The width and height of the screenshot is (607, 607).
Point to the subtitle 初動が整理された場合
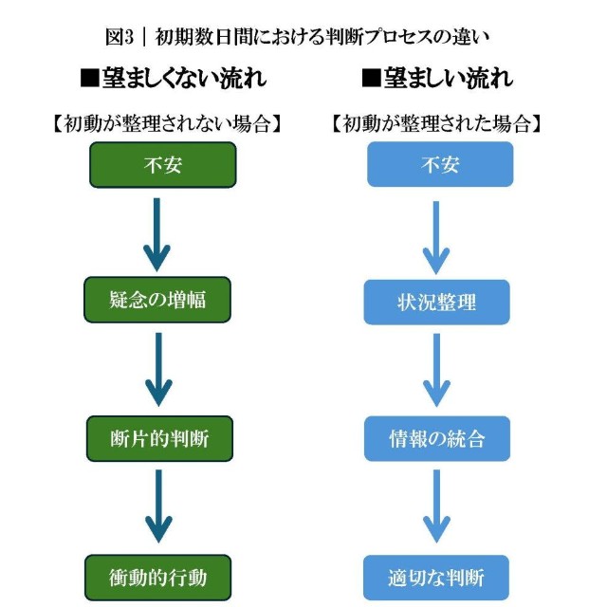coord(437,124)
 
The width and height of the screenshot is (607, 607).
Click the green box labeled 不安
coord(162,165)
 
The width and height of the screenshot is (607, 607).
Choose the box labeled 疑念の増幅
coord(157,301)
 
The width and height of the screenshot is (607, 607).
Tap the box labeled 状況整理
coord(437,303)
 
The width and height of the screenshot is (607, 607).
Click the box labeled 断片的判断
coord(159,438)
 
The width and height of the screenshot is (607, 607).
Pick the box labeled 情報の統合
coord(437,439)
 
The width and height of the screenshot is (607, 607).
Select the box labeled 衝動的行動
coord(158,577)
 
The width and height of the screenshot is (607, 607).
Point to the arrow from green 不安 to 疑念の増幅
coord(157,232)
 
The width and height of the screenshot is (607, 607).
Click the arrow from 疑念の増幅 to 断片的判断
coord(157,369)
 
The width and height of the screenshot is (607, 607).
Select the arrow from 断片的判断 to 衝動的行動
coord(157,507)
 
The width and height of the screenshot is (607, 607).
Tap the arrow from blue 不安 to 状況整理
coord(436,233)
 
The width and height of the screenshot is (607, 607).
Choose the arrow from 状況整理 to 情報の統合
coord(436,370)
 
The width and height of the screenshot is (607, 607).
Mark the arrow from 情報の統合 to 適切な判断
coord(436,508)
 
